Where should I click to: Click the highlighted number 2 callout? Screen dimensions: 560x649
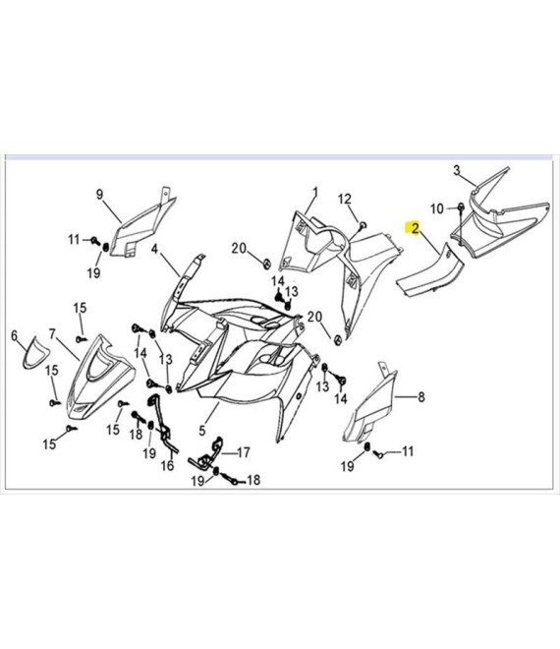[x=415, y=228]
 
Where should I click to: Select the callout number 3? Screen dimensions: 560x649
[x=457, y=170]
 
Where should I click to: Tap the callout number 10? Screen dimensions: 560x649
[x=437, y=209]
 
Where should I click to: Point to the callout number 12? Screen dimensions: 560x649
[x=345, y=199]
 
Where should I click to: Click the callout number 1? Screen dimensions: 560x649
[x=315, y=193]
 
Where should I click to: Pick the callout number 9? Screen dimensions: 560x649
[x=99, y=194]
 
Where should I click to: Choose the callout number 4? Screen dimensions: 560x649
[x=154, y=249]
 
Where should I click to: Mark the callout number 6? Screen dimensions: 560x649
[x=15, y=335]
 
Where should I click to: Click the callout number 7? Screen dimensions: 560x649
[x=52, y=333]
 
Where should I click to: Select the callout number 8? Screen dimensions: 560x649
[x=421, y=397]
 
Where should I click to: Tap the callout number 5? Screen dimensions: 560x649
[x=201, y=431]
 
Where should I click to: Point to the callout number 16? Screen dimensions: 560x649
[x=167, y=466]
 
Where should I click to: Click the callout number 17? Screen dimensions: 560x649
[x=244, y=452]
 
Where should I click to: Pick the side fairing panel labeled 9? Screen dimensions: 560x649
[x=142, y=223]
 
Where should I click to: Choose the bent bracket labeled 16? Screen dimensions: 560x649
[x=163, y=422]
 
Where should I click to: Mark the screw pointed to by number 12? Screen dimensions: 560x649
[x=364, y=225]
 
